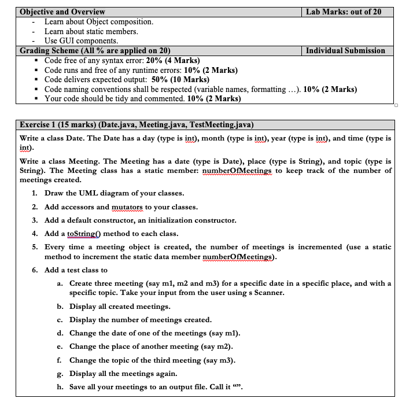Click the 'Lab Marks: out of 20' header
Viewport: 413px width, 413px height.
pyautogui.click(x=343, y=12)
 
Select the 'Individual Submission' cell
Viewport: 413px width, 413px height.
pyautogui.click(x=345, y=51)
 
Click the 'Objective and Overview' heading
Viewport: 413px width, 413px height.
pyautogui.click(x=62, y=12)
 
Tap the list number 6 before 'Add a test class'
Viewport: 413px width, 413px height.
pyautogui.click(x=35, y=270)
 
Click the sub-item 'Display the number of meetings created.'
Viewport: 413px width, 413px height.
pyautogui.click(x=140, y=320)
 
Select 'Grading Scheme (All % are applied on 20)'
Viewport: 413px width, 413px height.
pyautogui.click(x=95, y=51)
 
